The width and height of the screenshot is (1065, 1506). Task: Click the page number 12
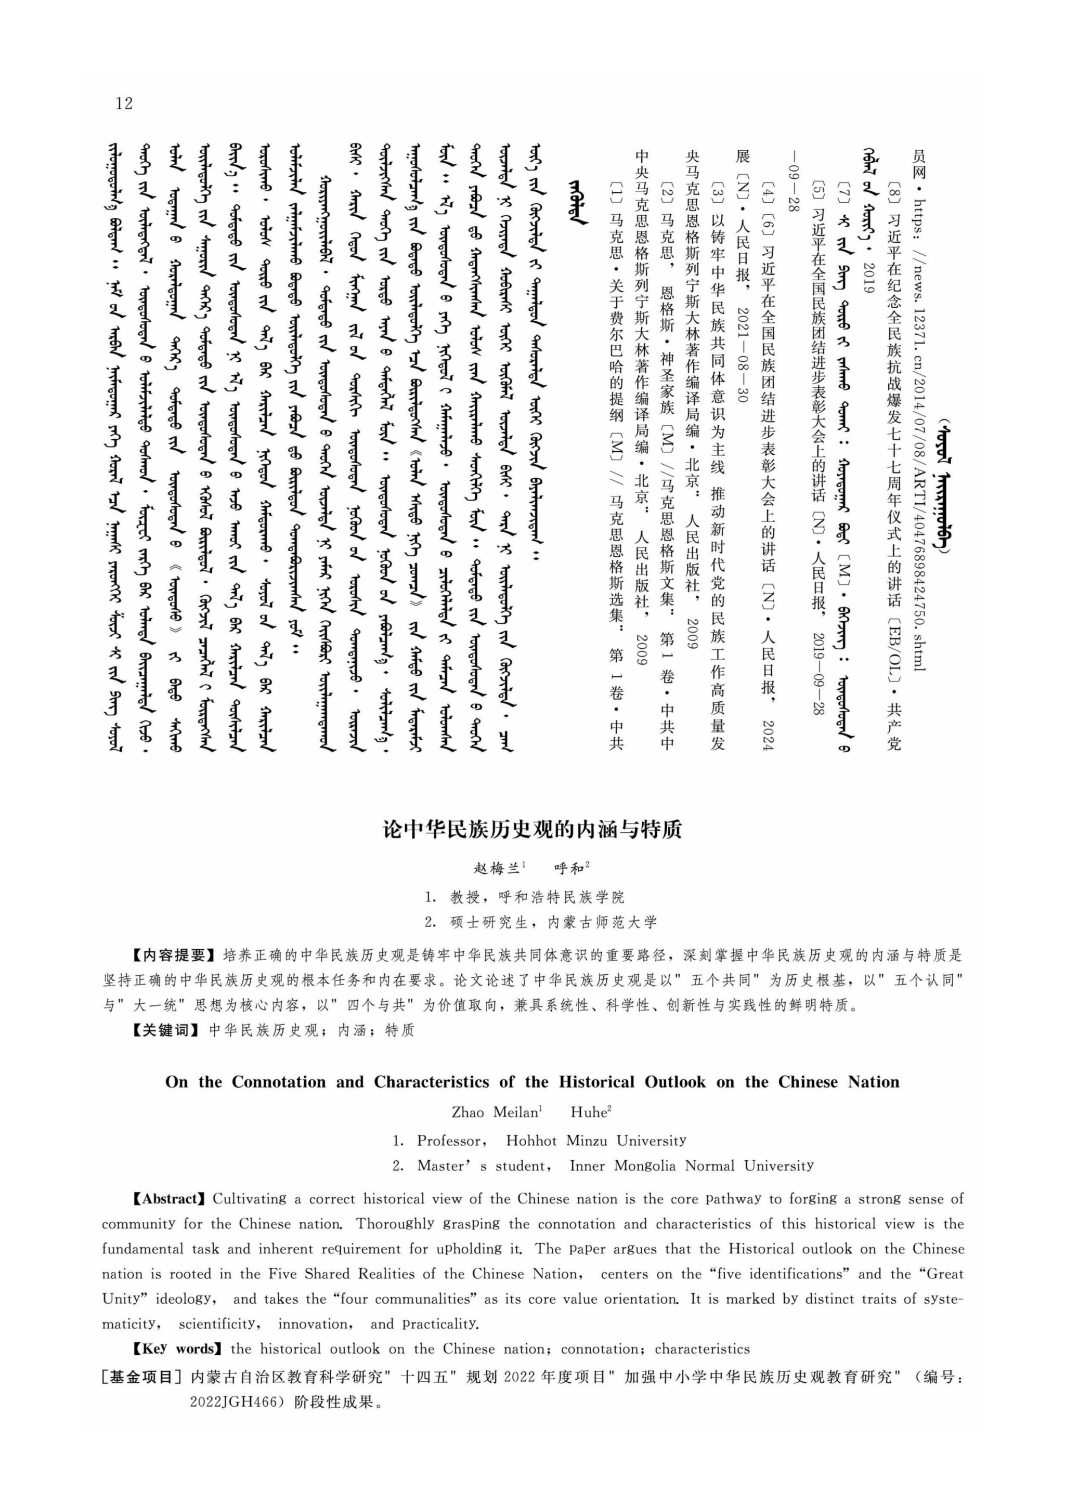pyautogui.click(x=123, y=103)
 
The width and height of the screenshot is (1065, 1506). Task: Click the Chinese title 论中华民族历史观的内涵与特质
pyautogui.click(x=532, y=830)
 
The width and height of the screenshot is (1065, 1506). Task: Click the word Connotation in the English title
pyautogui.click(x=278, y=1082)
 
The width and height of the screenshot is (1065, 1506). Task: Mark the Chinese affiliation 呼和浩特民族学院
pyautogui.click(x=562, y=897)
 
